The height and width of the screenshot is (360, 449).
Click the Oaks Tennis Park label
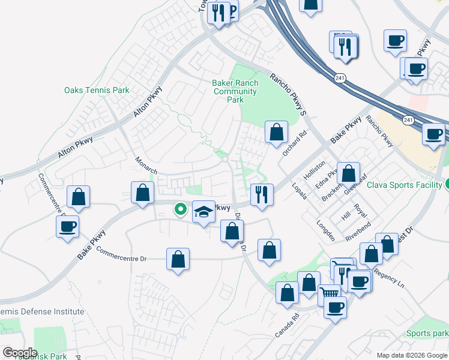[97, 91]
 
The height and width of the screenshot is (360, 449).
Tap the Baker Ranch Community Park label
[235, 91]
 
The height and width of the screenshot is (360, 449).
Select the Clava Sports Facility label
[405, 185]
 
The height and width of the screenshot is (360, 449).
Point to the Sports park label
[427, 334]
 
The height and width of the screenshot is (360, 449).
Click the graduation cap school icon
[203, 212]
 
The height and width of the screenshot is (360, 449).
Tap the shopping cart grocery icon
[329, 293]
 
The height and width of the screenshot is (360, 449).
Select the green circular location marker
[179, 209]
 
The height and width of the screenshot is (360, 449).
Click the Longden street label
[325, 230]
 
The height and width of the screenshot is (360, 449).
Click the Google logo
[20, 352]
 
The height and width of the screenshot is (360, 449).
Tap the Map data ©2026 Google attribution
[411, 355]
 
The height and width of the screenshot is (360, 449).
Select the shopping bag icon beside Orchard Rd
[276, 133]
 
